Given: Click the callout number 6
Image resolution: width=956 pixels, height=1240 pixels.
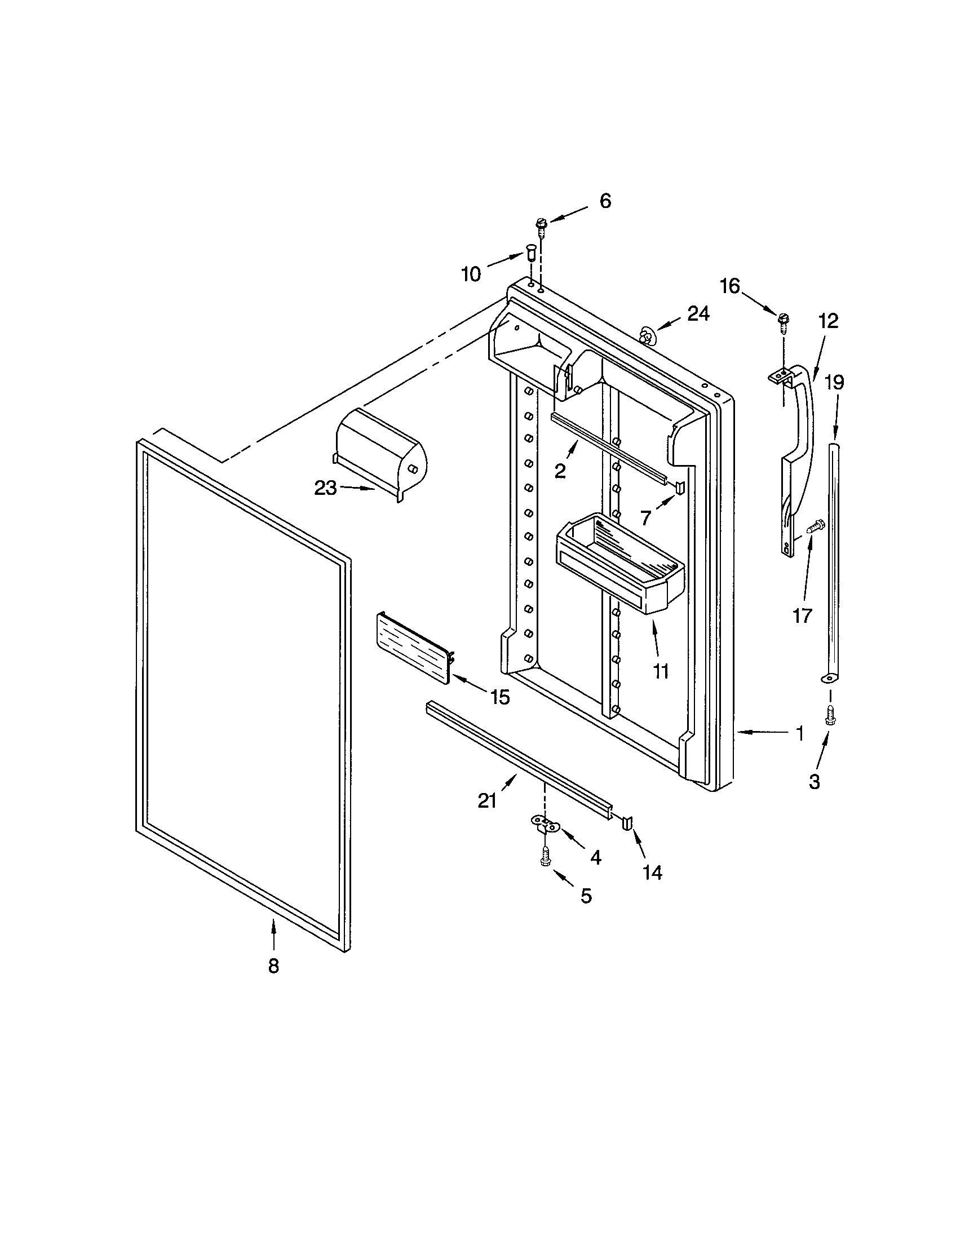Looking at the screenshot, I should coord(605,201).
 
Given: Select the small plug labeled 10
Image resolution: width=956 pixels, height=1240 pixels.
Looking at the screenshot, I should coord(532,251).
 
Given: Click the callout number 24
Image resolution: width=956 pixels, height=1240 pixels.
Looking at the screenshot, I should coord(698,313).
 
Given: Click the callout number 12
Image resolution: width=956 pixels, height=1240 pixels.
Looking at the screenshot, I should coord(828,322).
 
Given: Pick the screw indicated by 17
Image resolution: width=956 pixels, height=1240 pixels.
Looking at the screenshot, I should coord(815,527).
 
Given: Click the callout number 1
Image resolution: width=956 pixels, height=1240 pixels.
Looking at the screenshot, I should coord(799,733).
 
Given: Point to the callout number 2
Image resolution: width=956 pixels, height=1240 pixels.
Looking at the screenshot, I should coord(560,471).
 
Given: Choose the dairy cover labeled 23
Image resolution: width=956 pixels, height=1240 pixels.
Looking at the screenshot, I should coord(380,458).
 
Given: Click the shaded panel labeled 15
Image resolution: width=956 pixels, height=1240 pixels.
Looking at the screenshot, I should coord(413,647).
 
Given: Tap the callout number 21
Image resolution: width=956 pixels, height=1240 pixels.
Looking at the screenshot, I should coord(487,801).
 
